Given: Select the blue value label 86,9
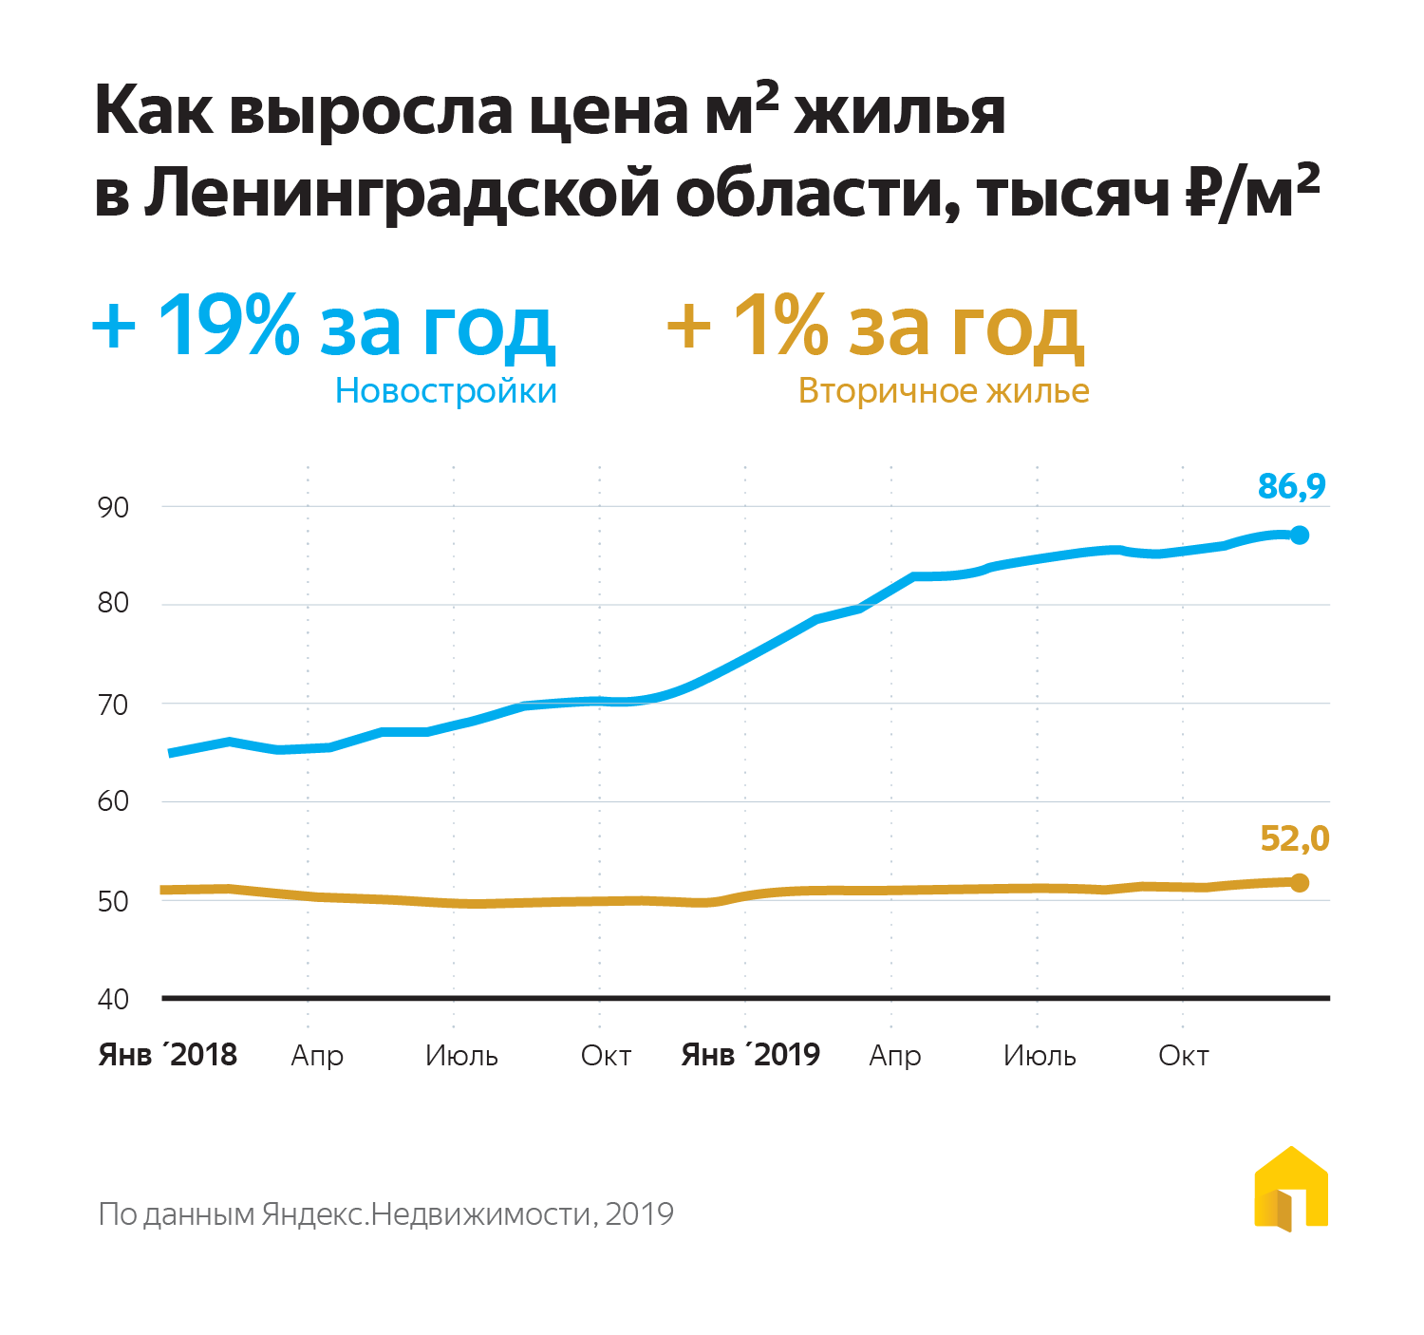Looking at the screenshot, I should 1291,486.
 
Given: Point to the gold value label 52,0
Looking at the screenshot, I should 1294,838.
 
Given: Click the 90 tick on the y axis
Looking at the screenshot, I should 113,507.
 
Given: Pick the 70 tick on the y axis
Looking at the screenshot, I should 113,705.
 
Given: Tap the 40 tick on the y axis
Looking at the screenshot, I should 113,999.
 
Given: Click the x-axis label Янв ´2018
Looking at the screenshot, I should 168,1055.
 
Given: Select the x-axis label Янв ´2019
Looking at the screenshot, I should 751,1055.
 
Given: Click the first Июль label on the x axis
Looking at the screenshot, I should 461,1056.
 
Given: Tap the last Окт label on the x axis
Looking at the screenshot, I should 1183,1056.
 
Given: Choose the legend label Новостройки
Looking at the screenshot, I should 446,391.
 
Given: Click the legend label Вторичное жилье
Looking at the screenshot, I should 944,391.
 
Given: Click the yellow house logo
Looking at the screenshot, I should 1291,1190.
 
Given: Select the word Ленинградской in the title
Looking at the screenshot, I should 403,194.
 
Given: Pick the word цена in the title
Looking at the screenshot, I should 609,112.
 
